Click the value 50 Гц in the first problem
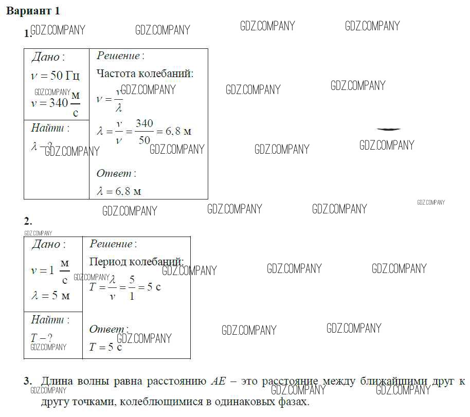click(x=65, y=76)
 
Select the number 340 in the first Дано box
click(x=58, y=103)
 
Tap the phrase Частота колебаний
click(x=145, y=74)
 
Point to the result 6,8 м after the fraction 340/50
click(x=178, y=131)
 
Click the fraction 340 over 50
click(x=144, y=132)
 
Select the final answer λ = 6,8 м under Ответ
click(x=119, y=191)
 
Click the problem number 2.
click(x=28, y=221)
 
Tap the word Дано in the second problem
click(x=46, y=245)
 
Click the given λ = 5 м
click(x=50, y=296)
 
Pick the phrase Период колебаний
click(x=136, y=262)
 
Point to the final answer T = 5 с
click(x=105, y=348)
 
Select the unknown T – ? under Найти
click(x=42, y=338)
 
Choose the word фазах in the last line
click(x=293, y=402)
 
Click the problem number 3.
click(x=28, y=382)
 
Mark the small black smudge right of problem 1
click(x=388, y=129)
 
